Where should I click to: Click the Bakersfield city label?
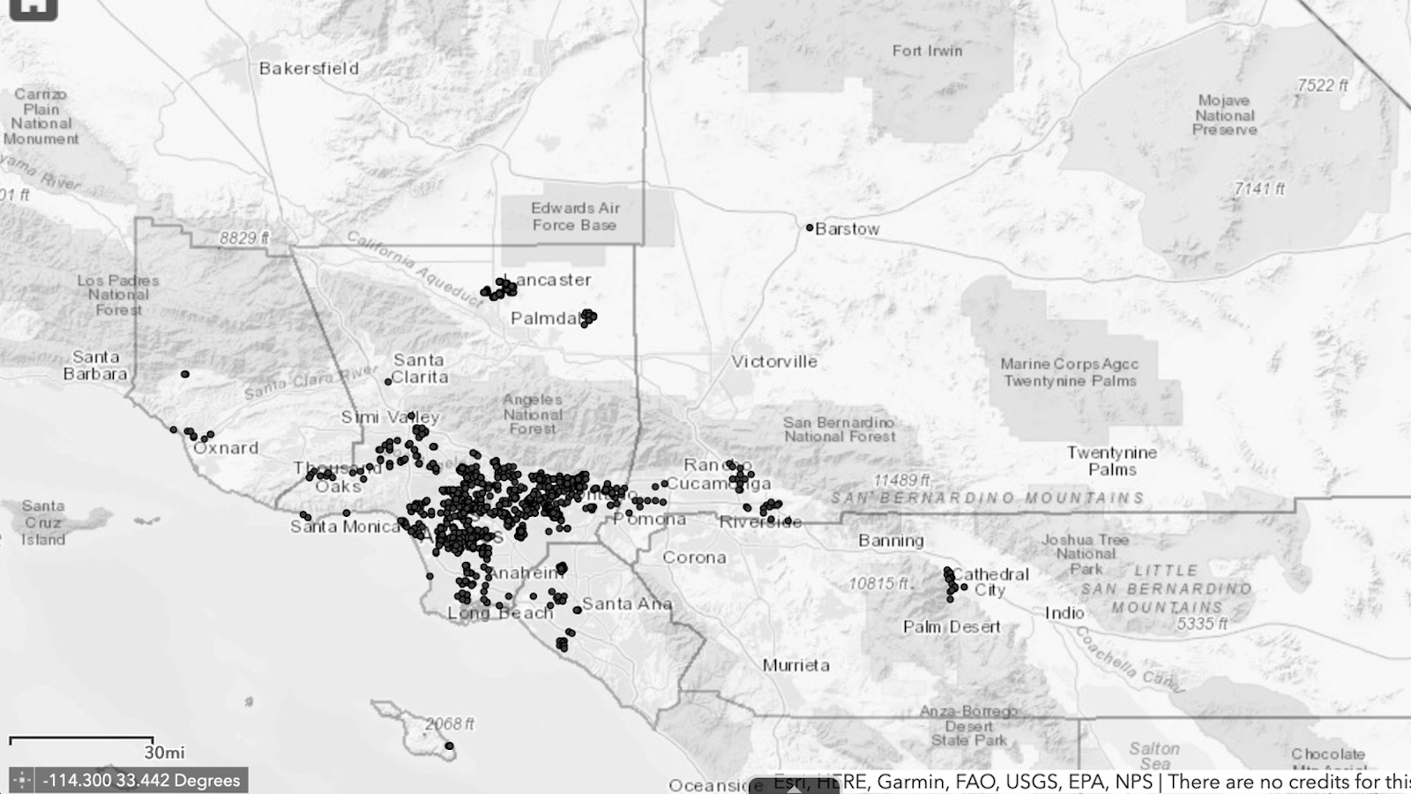[309, 68]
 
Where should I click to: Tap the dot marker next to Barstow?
[810, 228]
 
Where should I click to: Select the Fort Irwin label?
[927, 51]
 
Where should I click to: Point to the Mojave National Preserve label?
[1224, 115]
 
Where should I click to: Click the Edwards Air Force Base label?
[575, 216]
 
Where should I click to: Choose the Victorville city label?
[774, 361]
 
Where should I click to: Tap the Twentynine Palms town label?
[1111, 461]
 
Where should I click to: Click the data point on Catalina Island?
[449, 746]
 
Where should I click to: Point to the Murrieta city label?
[795, 665]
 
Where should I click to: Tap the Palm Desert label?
[952, 626]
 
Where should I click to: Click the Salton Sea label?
[1153, 756]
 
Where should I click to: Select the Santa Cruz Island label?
[43, 522]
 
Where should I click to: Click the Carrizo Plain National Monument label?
[41, 116]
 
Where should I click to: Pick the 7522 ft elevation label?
[1322, 86]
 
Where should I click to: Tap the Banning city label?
[891, 540]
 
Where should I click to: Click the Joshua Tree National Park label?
[1085, 553]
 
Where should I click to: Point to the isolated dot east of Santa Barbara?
[185, 374]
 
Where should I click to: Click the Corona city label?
[694, 558]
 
